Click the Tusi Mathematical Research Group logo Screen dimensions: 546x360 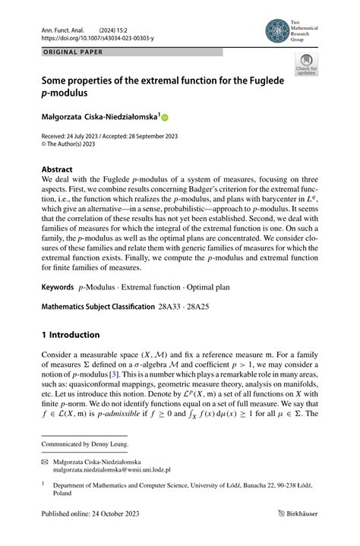tap(276, 30)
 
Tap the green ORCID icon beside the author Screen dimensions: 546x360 tap(165, 117)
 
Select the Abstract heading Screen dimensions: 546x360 tap(57, 169)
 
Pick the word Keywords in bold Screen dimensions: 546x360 tap(57, 289)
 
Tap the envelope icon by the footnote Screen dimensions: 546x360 tap(44, 461)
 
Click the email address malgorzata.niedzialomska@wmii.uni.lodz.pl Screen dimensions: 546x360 tap(115, 470)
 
